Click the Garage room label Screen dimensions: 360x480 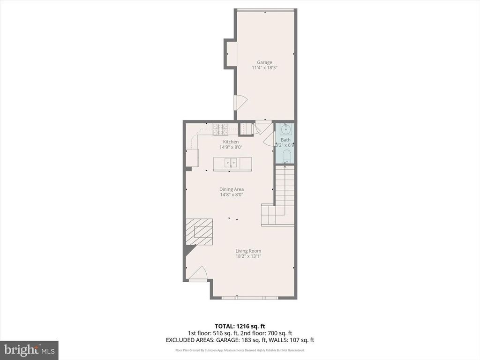coord(264,62)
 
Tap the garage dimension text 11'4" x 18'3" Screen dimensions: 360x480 coord(264,68)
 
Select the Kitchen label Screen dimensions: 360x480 coord(230,142)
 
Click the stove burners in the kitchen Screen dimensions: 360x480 coord(221,127)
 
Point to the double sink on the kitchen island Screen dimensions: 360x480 coord(230,163)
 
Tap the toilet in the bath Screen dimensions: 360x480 coord(285,156)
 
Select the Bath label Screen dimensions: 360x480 coord(285,140)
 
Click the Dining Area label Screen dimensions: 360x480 coord(232,189)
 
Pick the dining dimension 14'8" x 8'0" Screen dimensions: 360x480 coord(232,195)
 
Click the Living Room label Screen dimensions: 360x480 coord(248,251)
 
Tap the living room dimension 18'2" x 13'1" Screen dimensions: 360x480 coord(248,256)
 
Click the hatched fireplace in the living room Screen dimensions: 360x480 coord(200,232)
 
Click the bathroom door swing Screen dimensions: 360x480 coord(269,139)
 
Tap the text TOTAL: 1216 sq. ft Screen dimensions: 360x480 coord(240,326)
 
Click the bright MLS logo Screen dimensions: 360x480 coord(29,350)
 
